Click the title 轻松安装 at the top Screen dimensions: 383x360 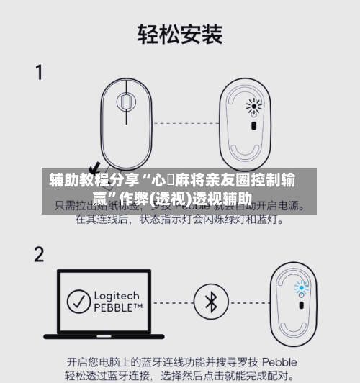(x=180, y=33)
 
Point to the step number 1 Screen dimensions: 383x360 (x=39, y=73)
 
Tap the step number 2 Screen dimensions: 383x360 (x=39, y=253)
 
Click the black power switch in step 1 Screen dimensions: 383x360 (x=253, y=127)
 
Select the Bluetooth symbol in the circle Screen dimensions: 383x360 (x=211, y=302)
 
